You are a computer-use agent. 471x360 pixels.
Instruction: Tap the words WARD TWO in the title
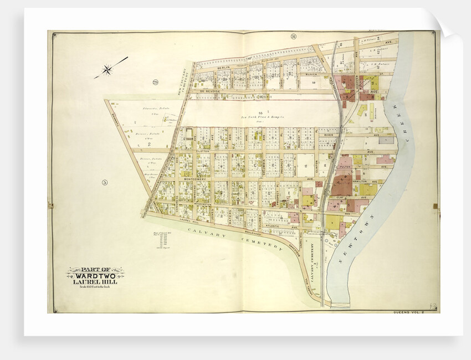click(x=95, y=274)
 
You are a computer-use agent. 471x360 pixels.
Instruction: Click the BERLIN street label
click(x=224, y=68)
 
